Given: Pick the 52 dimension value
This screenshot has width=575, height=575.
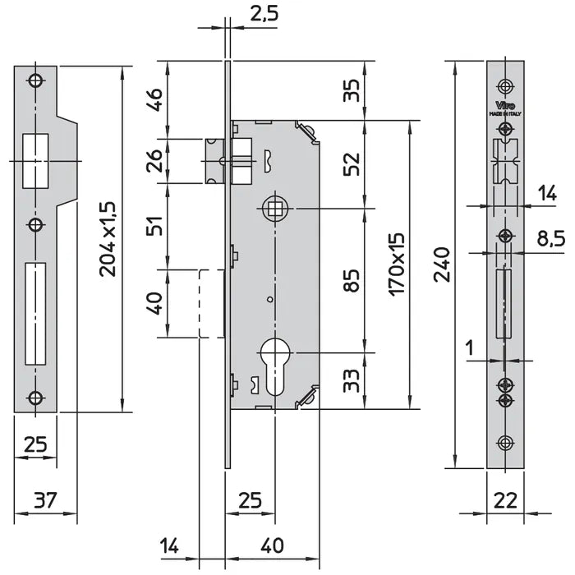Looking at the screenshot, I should pyautogui.click(x=352, y=164).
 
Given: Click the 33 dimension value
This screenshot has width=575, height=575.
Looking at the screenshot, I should pyautogui.click(x=352, y=379).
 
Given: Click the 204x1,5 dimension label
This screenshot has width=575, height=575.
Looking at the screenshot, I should pyautogui.click(x=108, y=237).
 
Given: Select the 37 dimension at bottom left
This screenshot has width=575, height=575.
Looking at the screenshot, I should pyautogui.click(x=45, y=499).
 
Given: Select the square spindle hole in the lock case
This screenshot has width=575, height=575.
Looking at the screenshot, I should pyautogui.click(x=272, y=209).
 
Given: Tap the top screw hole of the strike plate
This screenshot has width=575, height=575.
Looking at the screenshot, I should pyautogui.click(x=34, y=80).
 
